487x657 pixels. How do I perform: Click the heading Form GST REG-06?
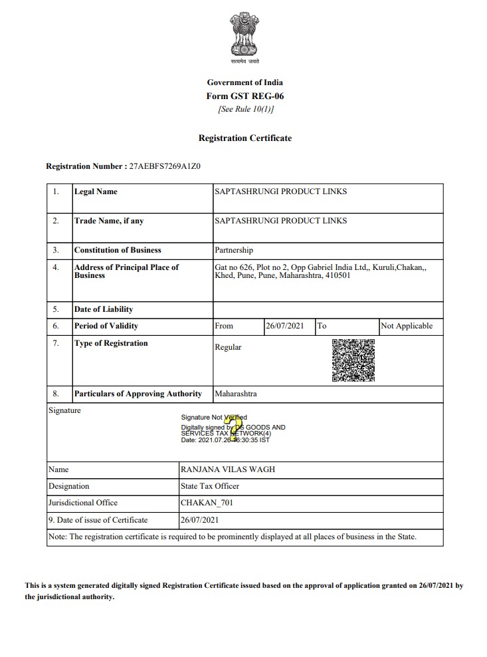pyautogui.click(x=244, y=96)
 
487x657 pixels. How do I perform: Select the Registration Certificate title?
pyautogui.click(x=244, y=138)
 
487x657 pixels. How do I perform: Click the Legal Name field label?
pyautogui.click(x=96, y=192)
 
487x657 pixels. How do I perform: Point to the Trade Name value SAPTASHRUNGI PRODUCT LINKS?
pyautogui.click(x=280, y=221)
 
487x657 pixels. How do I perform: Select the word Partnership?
pyautogui.click(x=234, y=250)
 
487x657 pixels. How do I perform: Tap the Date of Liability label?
pyautogui.click(x=104, y=309)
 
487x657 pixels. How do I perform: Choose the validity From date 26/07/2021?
pyautogui.click(x=284, y=326)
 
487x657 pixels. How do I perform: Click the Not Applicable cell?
pyautogui.click(x=407, y=326)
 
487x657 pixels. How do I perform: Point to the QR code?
pyautogui.click(x=353, y=360)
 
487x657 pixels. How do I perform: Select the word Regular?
pyautogui.click(x=228, y=347)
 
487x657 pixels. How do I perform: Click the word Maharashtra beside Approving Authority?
pyautogui.click(x=236, y=394)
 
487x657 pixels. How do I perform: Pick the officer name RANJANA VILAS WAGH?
pyautogui.click(x=228, y=469)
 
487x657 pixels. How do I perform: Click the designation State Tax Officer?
pyautogui.click(x=210, y=486)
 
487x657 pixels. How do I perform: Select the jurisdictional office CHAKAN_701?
pyautogui.click(x=207, y=503)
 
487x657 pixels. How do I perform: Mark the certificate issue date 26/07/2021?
pyautogui.click(x=199, y=519)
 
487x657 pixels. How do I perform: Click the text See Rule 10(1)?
pyautogui.click(x=244, y=109)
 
